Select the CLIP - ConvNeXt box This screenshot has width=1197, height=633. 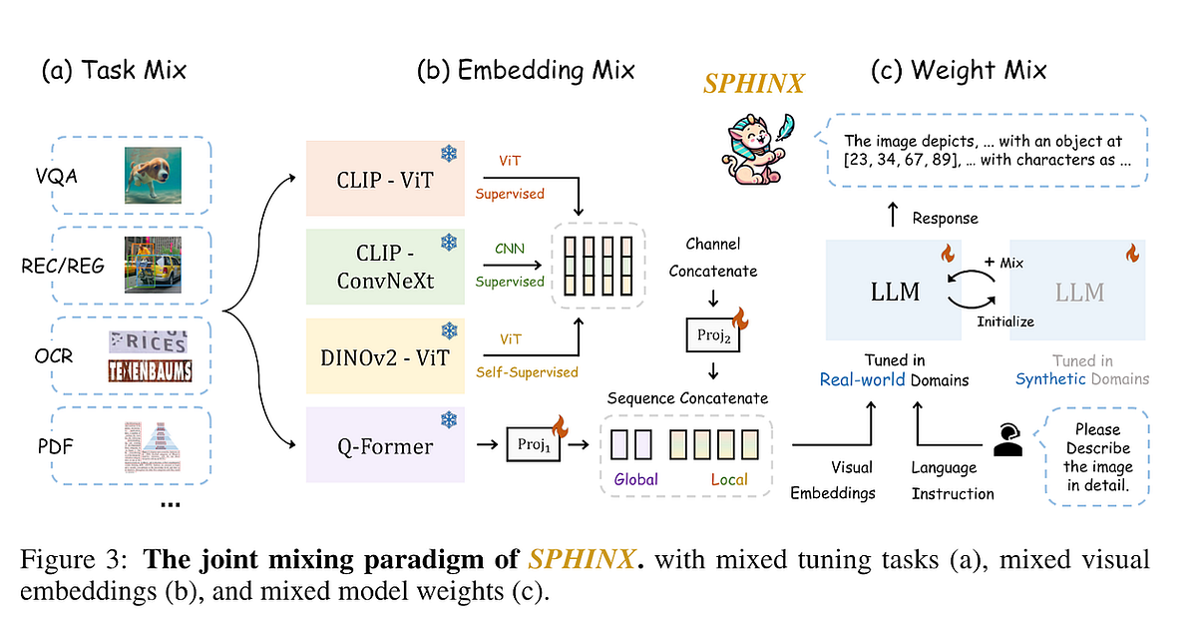pyautogui.click(x=384, y=267)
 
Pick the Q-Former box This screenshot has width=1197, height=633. pyautogui.click(x=384, y=445)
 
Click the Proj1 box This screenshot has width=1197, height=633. pyautogui.click(x=535, y=444)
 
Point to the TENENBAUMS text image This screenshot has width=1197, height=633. pyautogui.click(x=150, y=371)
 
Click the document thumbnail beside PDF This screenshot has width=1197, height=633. pyautogui.click(x=155, y=446)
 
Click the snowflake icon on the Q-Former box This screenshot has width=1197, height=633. pyautogui.click(x=449, y=417)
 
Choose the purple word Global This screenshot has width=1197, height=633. pyautogui.click(x=635, y=479)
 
